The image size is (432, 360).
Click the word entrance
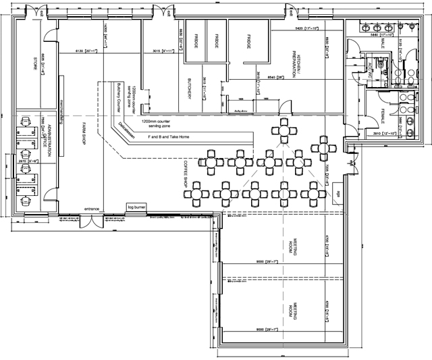92,209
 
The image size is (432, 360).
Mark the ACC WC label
371,72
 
